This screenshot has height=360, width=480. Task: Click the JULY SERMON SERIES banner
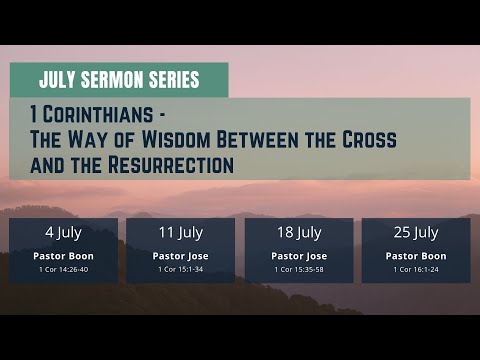tap(119, 79)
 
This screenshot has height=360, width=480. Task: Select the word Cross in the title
tap(366, 140)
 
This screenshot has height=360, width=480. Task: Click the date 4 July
tap(63, 233)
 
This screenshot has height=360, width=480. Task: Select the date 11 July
tap(180, 233)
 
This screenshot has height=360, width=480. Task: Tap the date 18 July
tap(299, 233)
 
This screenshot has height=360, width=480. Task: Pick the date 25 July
tap(416, 233)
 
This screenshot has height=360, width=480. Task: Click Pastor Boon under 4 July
tap(63, 256)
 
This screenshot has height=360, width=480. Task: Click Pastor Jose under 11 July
tap(180, 256)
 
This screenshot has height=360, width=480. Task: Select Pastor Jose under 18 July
tap(299, 256)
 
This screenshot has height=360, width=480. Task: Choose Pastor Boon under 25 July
tap(416, 256)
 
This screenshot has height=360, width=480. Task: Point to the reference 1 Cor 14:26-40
tap(63, 269)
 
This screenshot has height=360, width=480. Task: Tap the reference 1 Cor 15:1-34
tap(180, 269)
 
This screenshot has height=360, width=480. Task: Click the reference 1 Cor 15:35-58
tap(299, 269)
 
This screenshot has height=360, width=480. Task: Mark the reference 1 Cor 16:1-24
tap(416, 269)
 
